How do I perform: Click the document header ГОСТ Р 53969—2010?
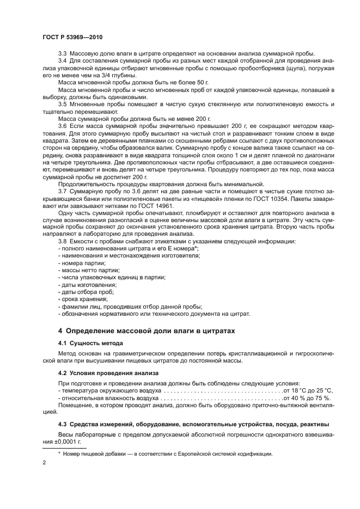point(72,38)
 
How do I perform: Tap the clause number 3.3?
point(63,53)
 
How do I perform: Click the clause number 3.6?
point(63,125)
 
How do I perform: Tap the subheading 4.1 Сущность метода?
point(91,343)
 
